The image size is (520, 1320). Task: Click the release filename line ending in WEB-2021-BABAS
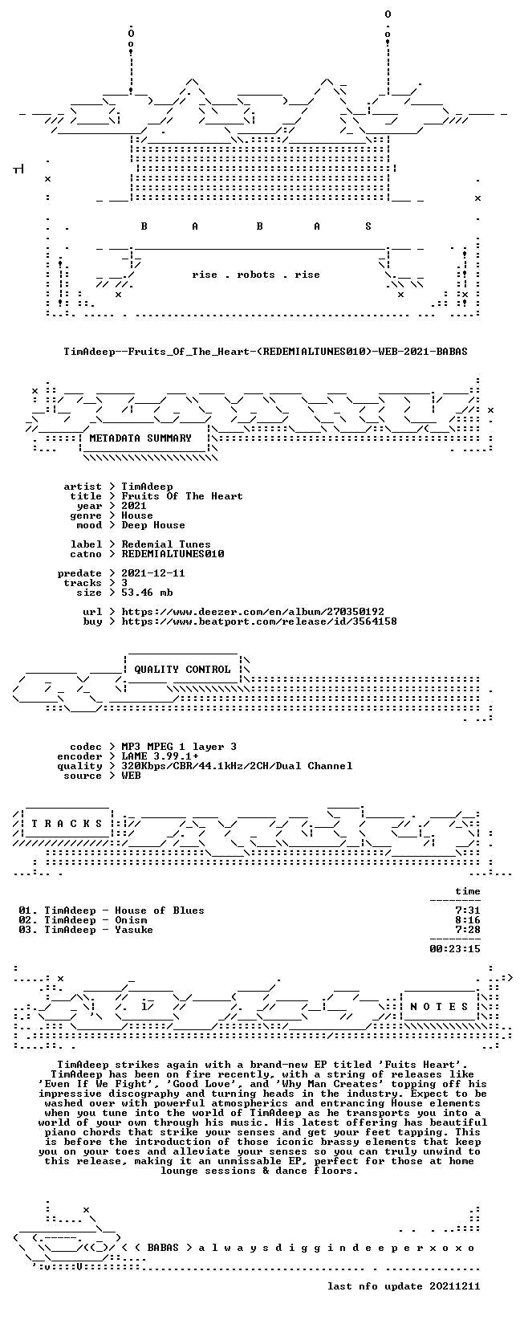(x=266, y=351)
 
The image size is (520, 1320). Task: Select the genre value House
(x=137, y=515)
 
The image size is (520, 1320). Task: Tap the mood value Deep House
(x=153, y=525)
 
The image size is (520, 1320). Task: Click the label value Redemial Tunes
(x=166, y=544)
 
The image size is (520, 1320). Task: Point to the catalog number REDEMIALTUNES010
(x=173, y=554)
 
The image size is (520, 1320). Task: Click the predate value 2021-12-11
(x=153, y=573)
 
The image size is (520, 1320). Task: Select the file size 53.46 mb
(x=147, y=593)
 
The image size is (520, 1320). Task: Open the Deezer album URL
(x=253, y=612)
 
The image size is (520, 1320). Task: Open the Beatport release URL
(x=259, y=621)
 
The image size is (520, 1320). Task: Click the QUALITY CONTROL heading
(x=182, y=670)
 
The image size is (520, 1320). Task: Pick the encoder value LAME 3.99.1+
(x=160, y=756)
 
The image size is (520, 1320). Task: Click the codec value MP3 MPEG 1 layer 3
(x=179, y=747)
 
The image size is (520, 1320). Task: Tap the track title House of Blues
(x=160, y=911)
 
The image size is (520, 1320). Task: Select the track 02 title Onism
(x=131, y=920)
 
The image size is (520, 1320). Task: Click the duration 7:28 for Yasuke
(x=468, y=930)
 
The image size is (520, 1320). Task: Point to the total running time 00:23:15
(x=455, y=949)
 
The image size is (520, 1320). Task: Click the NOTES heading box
(x=439, y=1007)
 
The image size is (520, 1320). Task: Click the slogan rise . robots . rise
(x=256, y=275)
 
